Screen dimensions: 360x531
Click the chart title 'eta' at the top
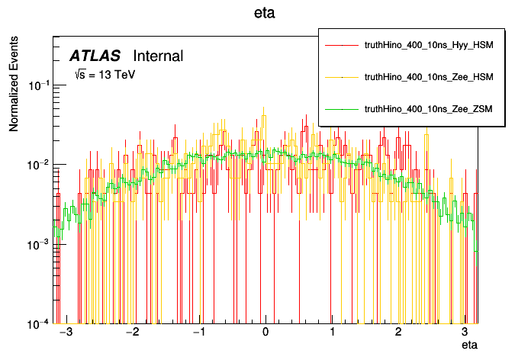(265, 14)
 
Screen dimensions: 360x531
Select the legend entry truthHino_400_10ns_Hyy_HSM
(429, 47)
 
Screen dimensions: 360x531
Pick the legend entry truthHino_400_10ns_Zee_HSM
(429, 77)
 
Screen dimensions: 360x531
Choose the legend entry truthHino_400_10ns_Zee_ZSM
(429, 109)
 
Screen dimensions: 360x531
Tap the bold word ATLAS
(95, 56)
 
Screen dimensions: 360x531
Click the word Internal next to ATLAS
(158, 56)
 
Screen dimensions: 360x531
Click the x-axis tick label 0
(265, 334)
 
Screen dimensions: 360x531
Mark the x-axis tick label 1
(332, 334)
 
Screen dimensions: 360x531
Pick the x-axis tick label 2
(398, 334)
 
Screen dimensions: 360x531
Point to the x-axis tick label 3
(465, 334)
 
